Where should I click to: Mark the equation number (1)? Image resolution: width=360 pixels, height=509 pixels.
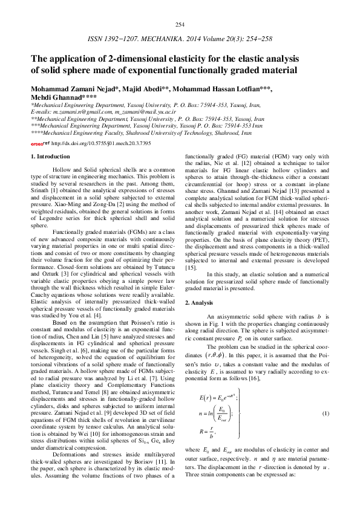[324, 412]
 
